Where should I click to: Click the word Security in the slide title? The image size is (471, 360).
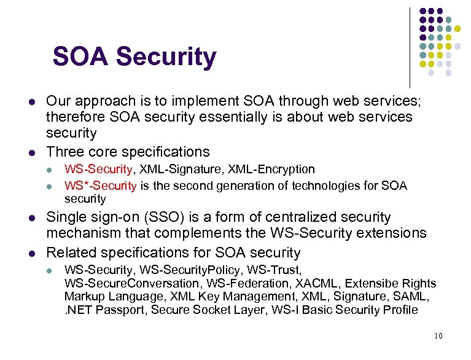tap(166, 57)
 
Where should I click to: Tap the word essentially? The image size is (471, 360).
tap(237, 117)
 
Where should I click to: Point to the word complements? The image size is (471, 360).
tap(201, 233)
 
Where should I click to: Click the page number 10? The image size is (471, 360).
tap(437, 336)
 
